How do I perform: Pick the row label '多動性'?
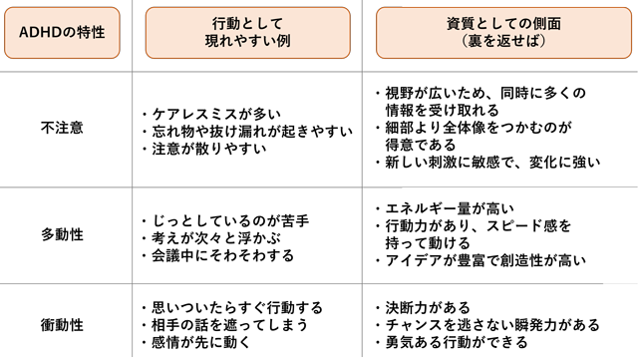click(x=62, y=234)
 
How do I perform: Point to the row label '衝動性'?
click(x=62, y=325)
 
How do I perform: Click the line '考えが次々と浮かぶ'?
click(x=213, y=236)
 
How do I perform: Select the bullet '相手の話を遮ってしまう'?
click(x=228, y=325)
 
